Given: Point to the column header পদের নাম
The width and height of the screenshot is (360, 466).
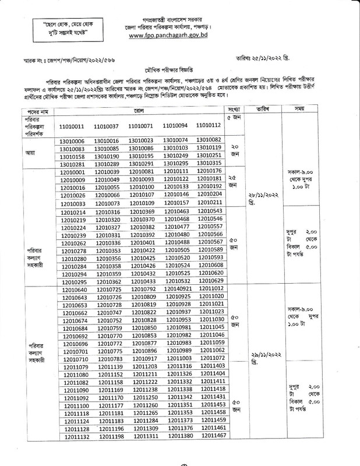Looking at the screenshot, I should point(36,110).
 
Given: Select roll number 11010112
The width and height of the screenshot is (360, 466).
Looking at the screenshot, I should point(209,125).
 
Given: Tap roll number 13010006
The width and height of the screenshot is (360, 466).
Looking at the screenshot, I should point(73,141).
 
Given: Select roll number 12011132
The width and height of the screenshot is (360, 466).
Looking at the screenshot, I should point(76,452).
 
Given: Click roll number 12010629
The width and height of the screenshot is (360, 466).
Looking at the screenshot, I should point(210,280).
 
